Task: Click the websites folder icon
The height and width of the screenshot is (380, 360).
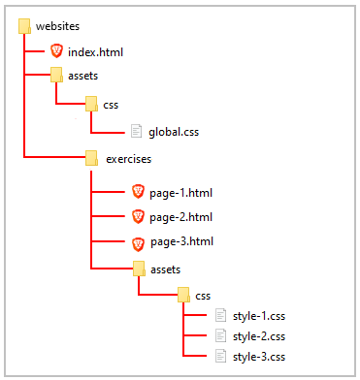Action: (x=24, y=25)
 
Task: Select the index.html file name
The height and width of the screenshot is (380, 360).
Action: (x=96, y=51)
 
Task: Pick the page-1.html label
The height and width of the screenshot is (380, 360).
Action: (x=180, y=193)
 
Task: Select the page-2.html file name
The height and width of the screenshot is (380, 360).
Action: (x=180, y=217)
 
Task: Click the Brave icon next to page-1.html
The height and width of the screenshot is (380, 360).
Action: (x=138, y=193)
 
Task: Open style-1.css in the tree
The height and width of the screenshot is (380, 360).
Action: (x=259, y=315)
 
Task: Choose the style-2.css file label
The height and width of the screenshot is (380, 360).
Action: (x=259, y=335)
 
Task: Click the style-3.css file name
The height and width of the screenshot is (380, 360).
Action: (x=259, y=357)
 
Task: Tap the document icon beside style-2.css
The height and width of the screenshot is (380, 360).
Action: (x=220, y=335)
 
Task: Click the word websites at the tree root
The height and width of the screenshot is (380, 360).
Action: (x=57, y=25)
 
